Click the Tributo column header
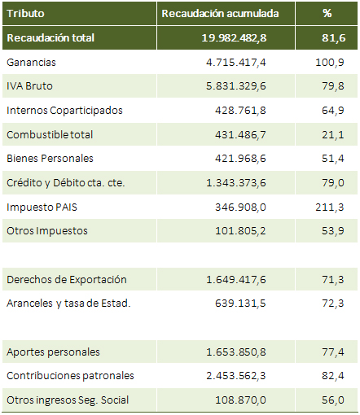point(25,14)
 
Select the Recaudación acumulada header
point(220,14)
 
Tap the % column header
point(327,13)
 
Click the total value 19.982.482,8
point(234,38)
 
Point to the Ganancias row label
point(31,63)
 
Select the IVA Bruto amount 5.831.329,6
point(236,86)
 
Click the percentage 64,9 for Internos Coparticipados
point(333,111)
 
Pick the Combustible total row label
point(50,134)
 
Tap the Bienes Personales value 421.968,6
point(240,159)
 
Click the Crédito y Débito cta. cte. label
point(66,183)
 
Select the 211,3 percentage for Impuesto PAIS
point(330,207)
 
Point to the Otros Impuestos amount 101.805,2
point(240,231)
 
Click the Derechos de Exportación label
point(67,279)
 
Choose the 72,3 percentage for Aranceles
point(333,303)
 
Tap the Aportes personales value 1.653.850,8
point(236,352)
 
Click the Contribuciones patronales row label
point(70,376)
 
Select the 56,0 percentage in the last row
point(333,400)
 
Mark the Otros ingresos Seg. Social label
point(68,400)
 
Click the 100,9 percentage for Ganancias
point(330,63)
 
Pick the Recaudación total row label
point(50,38)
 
